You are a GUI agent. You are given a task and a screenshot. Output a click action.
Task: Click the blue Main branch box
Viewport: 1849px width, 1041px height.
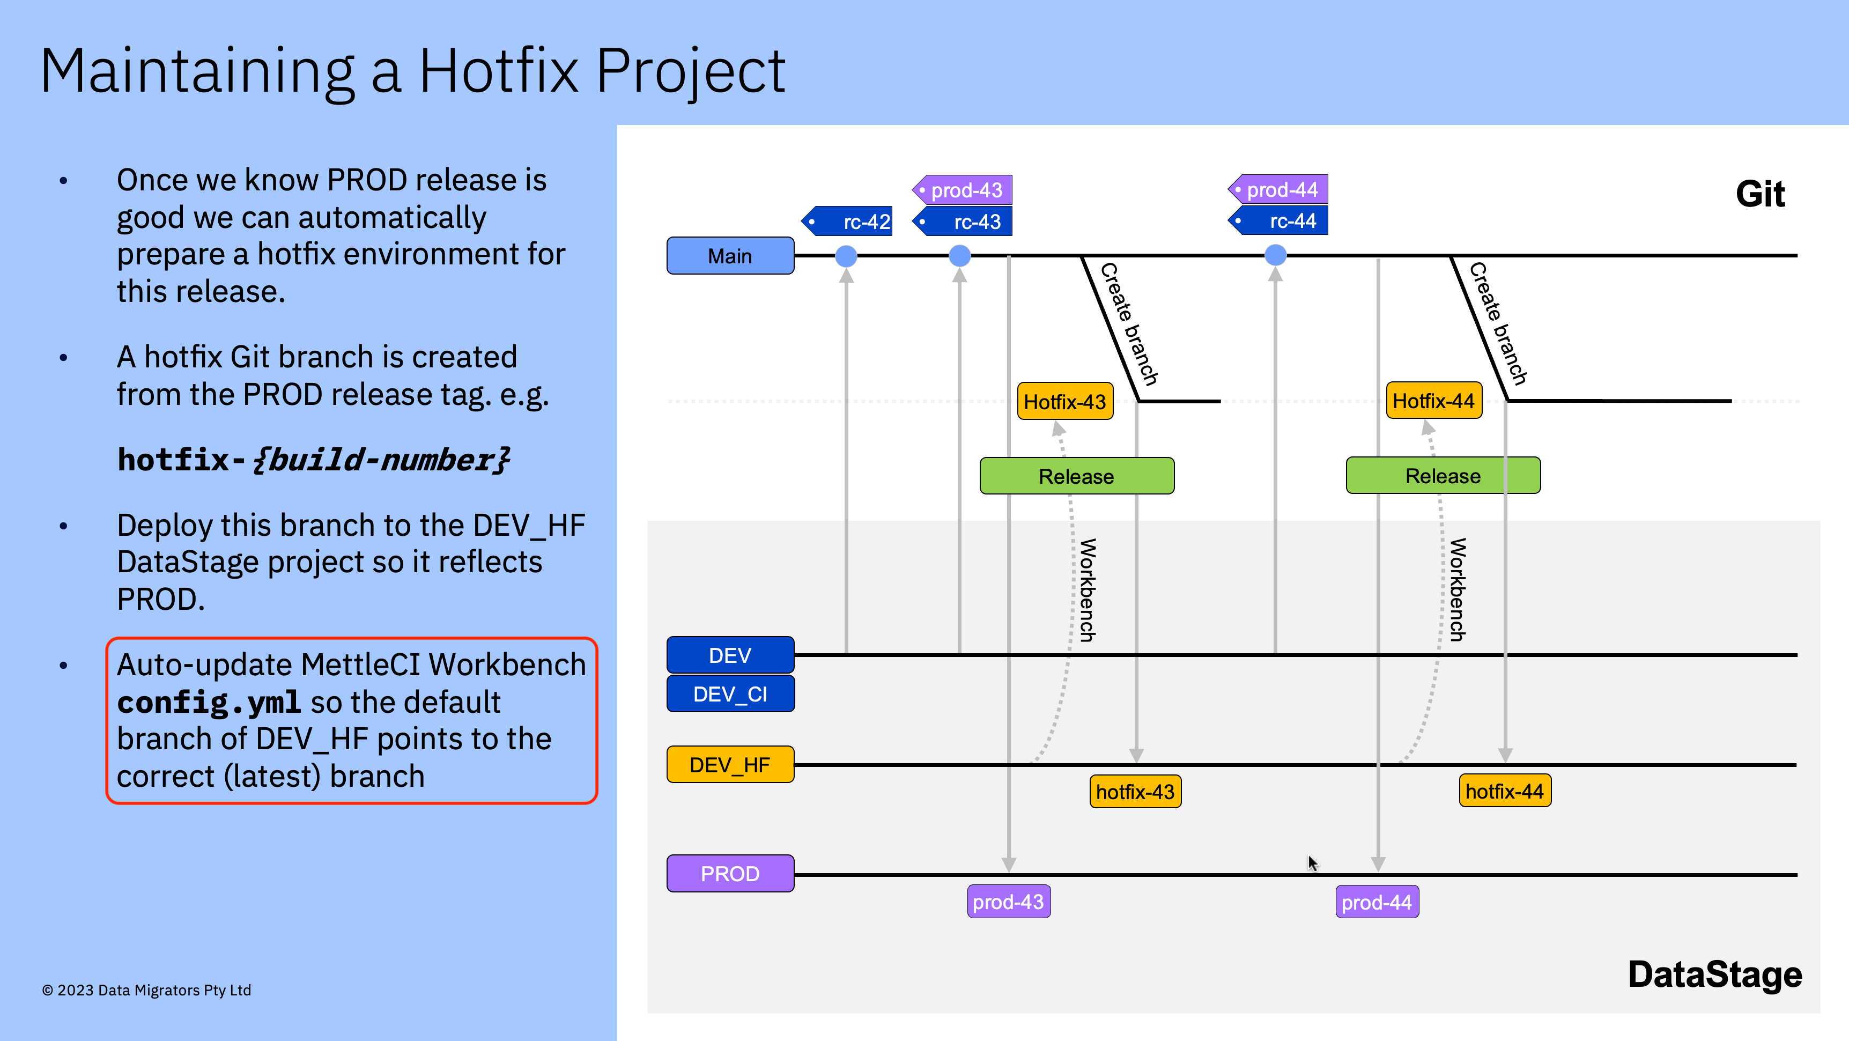(x=730, y=256)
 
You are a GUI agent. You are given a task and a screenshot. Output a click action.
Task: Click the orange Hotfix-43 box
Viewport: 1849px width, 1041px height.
(x=1064, y=401)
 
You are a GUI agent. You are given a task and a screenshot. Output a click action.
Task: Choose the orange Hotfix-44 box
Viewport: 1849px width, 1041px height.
(x=1433, y=401)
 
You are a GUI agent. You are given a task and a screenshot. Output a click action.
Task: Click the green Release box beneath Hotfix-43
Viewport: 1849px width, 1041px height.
(x=1077, y=476)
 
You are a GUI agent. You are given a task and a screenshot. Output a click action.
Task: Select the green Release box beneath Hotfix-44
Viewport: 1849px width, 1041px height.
(x=1443, y=475)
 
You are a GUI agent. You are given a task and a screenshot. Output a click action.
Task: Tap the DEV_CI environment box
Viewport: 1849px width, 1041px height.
(x=730, y=693)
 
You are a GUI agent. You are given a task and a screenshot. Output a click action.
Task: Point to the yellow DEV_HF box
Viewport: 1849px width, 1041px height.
(x=730, y=765)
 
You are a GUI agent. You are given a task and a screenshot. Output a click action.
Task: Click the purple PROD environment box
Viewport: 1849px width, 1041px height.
(x=730, y=874)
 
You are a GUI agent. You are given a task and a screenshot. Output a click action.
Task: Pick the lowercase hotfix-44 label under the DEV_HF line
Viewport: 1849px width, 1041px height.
(x=1505, y=791)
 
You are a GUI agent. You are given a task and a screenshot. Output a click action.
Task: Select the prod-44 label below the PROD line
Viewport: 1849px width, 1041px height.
(x=1377, y=903)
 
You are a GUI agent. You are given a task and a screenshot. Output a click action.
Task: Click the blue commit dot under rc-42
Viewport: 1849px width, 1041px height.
(x=846, y=256)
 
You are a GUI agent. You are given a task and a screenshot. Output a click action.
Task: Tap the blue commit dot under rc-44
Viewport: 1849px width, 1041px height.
(x=1276, y=255)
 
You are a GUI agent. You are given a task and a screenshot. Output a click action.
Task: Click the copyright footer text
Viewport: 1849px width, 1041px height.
(x=146, y=990)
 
